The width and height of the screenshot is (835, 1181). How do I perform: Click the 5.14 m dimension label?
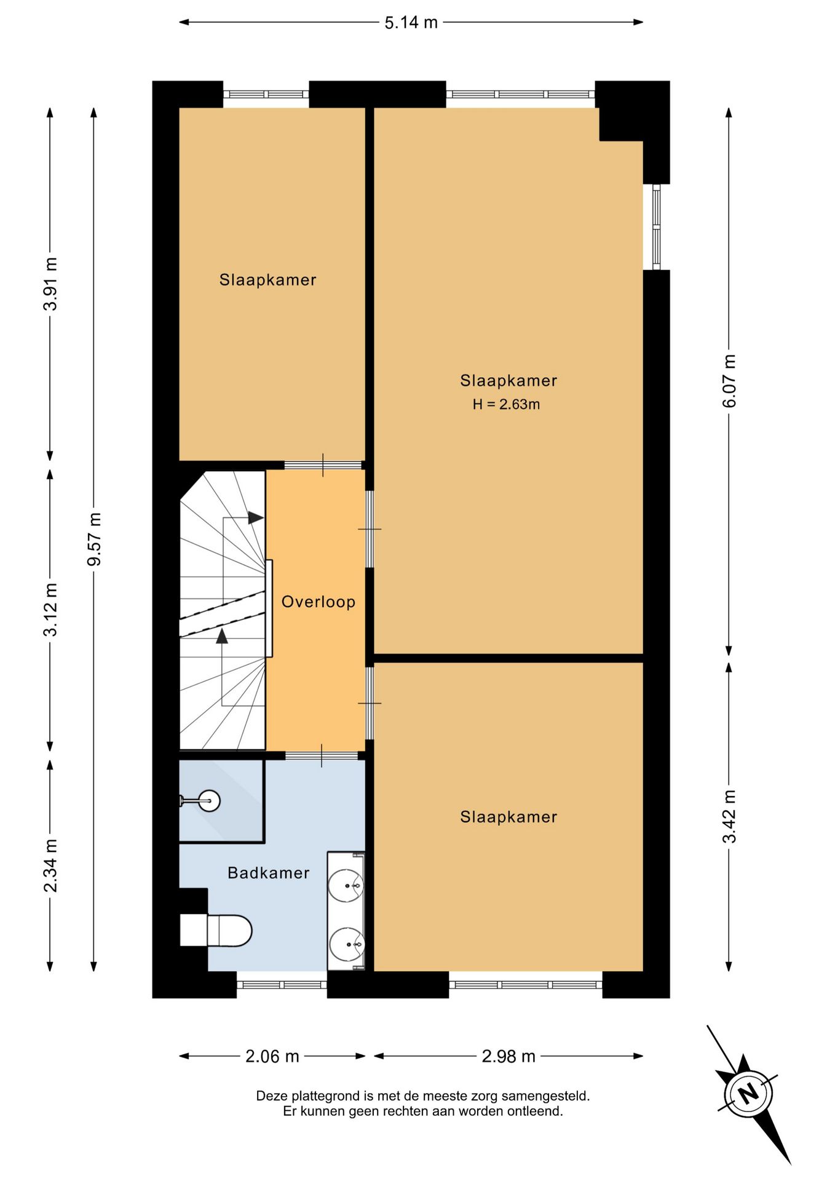(411, 23)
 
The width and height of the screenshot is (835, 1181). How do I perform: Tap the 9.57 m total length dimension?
(94, 539)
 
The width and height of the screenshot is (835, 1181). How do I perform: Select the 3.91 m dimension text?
(50, 284)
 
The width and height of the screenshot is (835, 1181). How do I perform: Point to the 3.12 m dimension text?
(50, 610)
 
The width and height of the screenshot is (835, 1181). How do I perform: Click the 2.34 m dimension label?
(50, 865)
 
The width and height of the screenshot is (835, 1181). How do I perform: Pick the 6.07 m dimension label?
(729, 381)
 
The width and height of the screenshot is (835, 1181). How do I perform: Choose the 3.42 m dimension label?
(729, 816)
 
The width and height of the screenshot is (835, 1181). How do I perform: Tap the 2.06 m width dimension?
(272, 1056)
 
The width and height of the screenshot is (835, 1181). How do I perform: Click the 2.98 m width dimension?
(509, 1056)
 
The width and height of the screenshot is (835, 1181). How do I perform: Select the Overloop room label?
(319, 602)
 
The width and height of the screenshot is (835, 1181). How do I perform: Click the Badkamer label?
(269, 873)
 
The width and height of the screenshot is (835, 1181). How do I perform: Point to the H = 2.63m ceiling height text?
(506, 404)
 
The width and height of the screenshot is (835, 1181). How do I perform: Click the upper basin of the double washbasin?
(346, 886)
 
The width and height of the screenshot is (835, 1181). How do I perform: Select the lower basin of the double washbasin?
(347, 944)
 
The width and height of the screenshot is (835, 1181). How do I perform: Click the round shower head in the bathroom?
(210, 801)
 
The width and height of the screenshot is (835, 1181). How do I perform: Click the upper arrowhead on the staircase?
(256, 518)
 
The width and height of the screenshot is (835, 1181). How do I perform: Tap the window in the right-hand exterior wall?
(657, 227)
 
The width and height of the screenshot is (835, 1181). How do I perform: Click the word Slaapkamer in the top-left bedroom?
(268, 280)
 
